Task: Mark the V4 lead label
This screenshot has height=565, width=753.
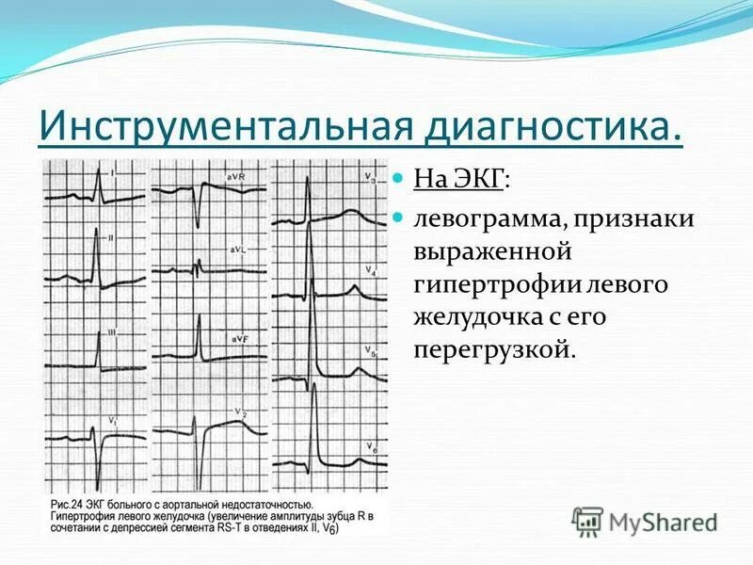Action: coord(372,270)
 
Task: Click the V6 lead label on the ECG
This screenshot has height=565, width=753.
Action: coord(373,445)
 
